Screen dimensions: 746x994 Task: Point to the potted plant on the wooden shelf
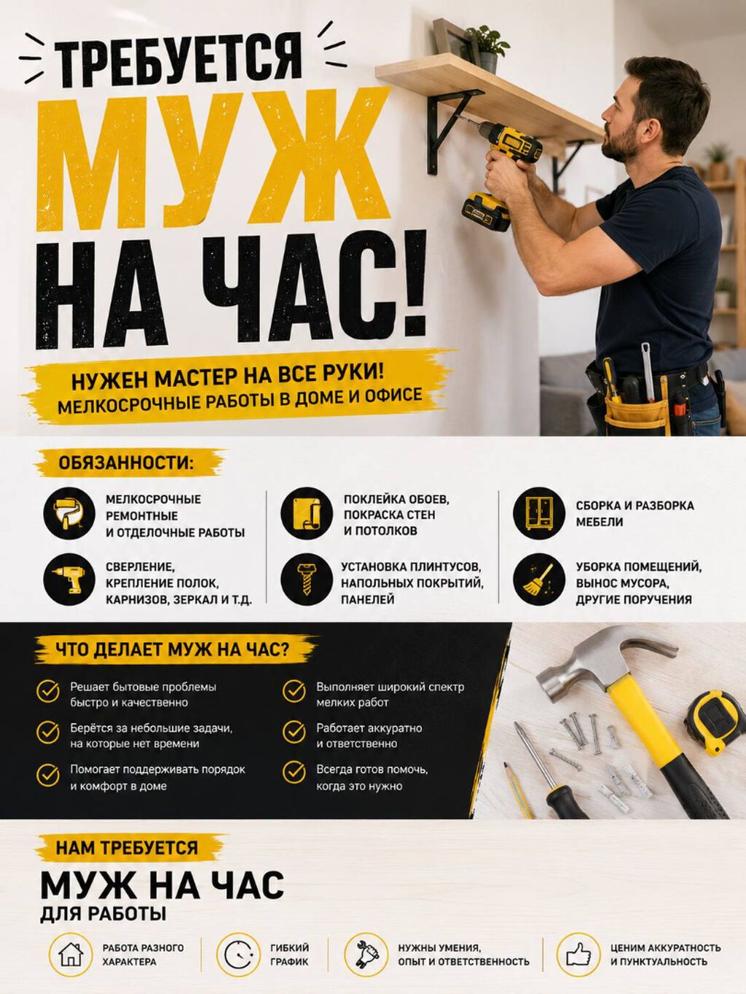pyautogui.click(x=487, y=47)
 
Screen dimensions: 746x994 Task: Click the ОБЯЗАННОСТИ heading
pyautogui.click(x=125, y=463)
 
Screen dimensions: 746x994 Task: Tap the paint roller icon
pyautogui.click(x=69, y=513)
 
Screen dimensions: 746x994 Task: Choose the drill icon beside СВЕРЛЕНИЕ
pyautogui.click(x=69, y=579)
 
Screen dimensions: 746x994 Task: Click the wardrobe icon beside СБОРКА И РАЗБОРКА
pyautogui.click(x=539, y=513)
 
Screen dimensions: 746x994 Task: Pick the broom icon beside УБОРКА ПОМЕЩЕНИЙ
pyautogui.click(x=539, y=579)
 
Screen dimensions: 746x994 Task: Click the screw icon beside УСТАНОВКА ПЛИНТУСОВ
pyautogui.click(x=307, y=579)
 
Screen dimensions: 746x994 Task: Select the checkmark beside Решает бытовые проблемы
pyautogui.click(x=48, y=692)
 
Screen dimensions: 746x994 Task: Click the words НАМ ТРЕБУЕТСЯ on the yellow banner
pyautogui.click(x=127, y=848)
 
